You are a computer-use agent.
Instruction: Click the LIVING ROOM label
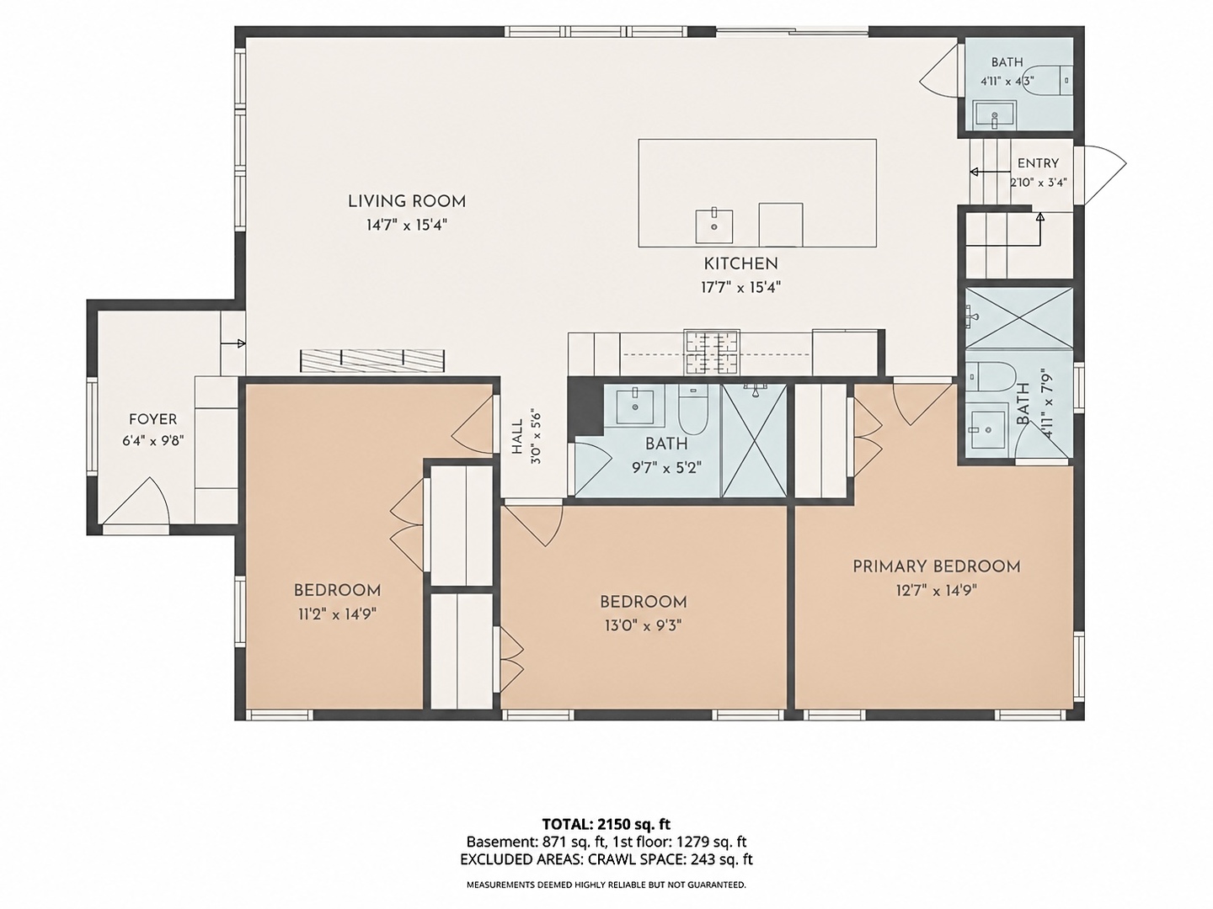(407, 201)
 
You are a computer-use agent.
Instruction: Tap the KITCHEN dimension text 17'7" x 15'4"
(740, 288)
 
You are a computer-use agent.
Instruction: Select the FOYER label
(153, 419)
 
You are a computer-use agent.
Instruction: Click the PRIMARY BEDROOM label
(936, 566)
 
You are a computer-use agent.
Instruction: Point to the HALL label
(517, 437)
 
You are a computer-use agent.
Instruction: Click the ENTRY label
(1038, 163)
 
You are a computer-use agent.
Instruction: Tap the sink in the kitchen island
(714, 226)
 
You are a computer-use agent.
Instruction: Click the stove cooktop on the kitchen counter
(712, 352)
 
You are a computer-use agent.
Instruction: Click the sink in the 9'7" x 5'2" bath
(635, 407)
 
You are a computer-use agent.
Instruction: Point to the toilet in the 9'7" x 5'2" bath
(693, 409)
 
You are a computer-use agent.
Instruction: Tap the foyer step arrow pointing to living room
(232, 343)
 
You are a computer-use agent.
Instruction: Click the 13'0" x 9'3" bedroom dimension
(644, 625)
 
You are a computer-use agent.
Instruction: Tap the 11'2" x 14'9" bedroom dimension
(337, 614)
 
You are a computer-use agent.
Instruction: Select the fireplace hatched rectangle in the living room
(372, 360)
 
